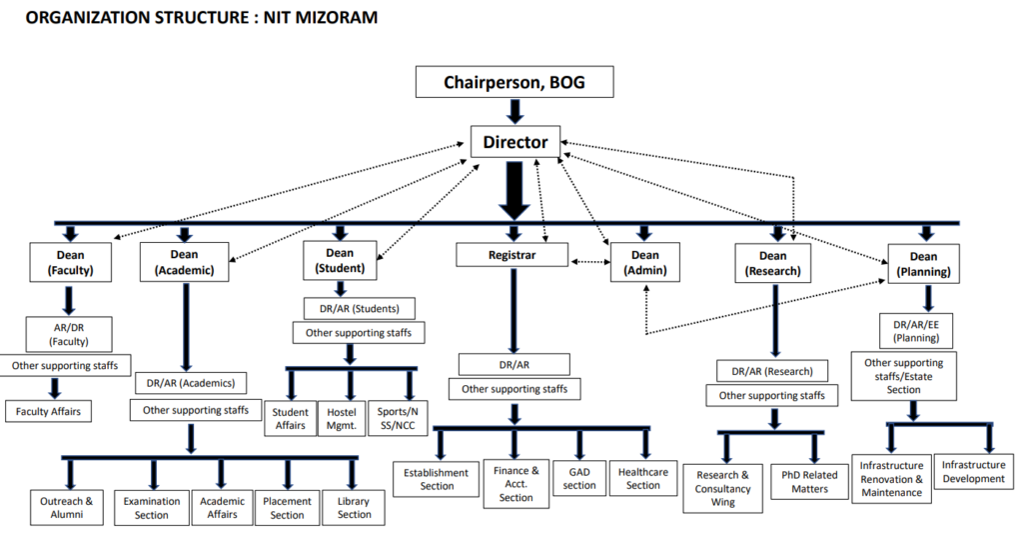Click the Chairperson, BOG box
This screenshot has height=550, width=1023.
(x=514, y=82)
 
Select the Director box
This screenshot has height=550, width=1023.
(x=514, y=141)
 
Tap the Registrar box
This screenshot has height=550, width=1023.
(x=512, y=256)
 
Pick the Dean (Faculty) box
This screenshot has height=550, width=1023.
(x=70, y=262)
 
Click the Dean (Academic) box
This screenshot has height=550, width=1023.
(x=185, y=262)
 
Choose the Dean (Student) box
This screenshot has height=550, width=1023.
(x=340, y=260)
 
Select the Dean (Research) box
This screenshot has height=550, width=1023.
(x=772, y=262)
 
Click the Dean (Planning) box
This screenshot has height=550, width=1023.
(x=923, y=263)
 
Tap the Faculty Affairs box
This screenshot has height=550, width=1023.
(x=49, y=410)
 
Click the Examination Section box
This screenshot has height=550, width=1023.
(x=152, y=508)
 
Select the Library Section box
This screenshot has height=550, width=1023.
(x=354, y=508)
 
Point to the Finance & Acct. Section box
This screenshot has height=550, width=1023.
(x=515, y=483)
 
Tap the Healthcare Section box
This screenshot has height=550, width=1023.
(x=643, y=478)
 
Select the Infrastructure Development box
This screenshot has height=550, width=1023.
(x=973, y=471)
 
